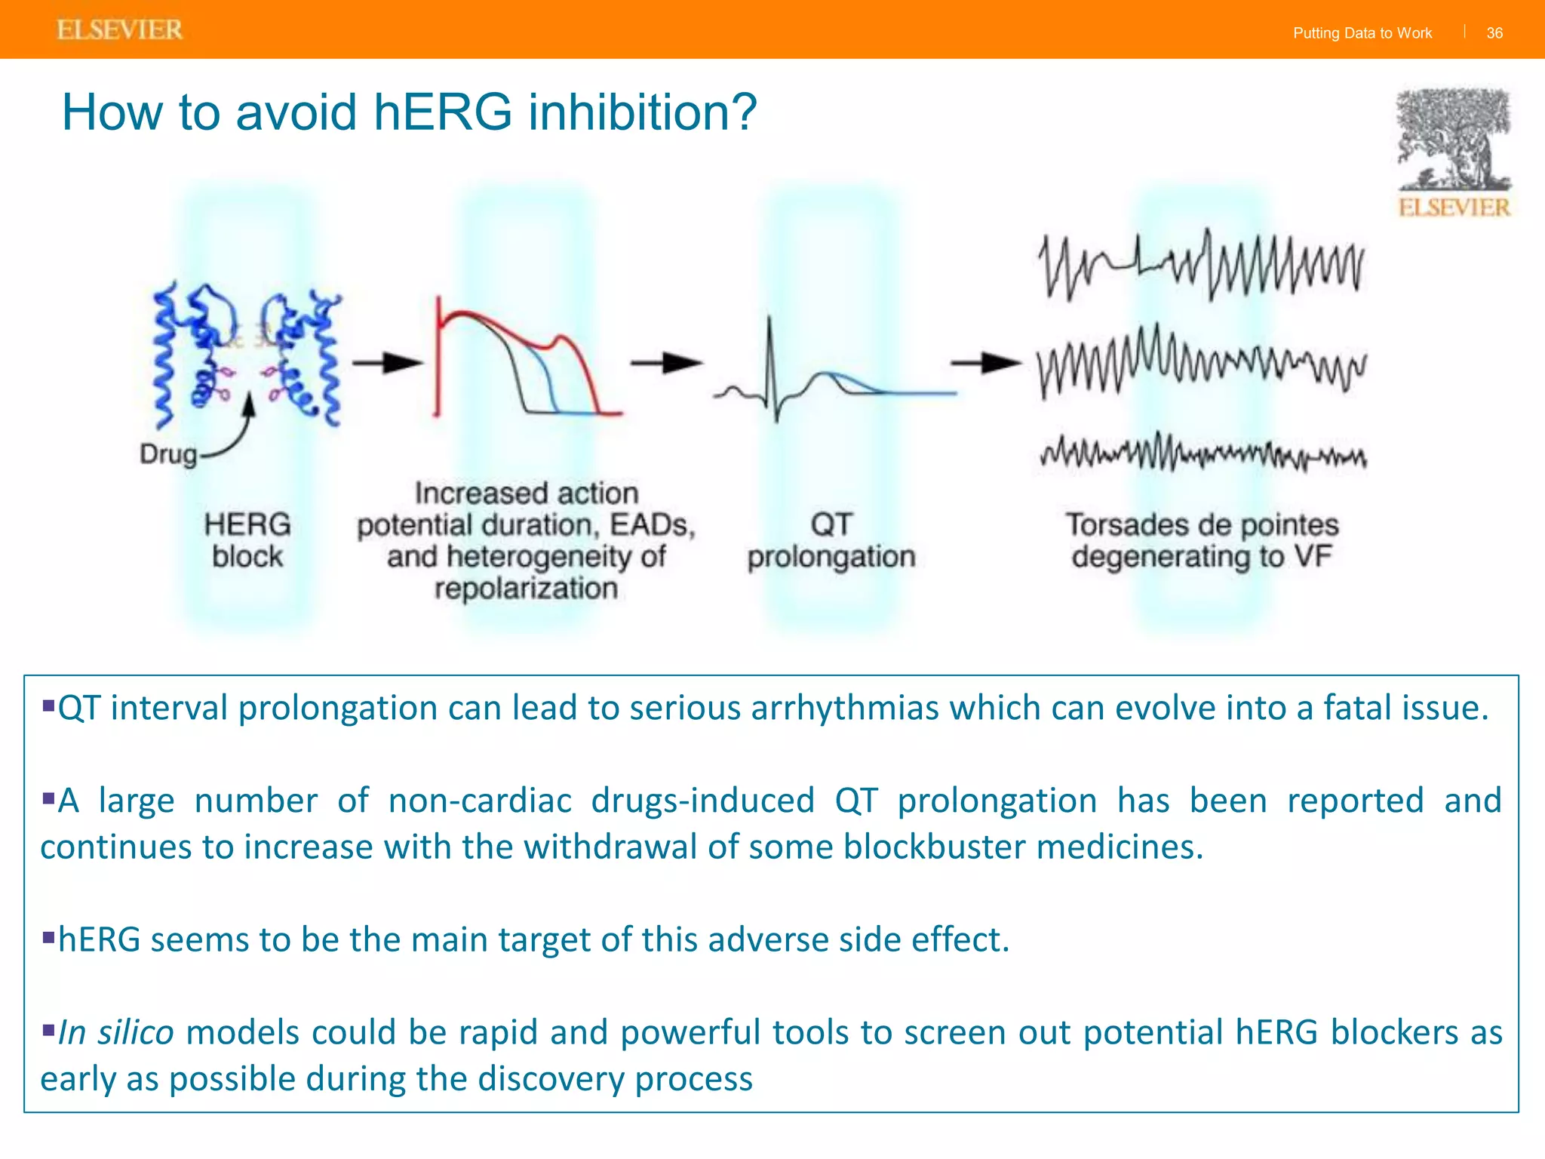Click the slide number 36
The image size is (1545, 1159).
(x=1494, y=33)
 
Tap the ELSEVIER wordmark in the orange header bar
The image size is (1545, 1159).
(x=120, y=30)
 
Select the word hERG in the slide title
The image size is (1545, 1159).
(x=443, y=112)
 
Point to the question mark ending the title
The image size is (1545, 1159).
(x=742, y=112)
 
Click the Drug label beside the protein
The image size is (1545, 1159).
(x=167, y=454)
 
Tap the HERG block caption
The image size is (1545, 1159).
(x=247, y=540)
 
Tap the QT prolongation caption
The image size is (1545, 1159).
(x=831, y=540)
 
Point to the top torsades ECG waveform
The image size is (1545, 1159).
(x=1202, y=266)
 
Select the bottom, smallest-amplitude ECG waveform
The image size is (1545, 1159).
(x=1202, y=453)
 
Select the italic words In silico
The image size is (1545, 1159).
(x=116, y=1032)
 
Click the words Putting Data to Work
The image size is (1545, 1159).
(x=1362, y=33)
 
